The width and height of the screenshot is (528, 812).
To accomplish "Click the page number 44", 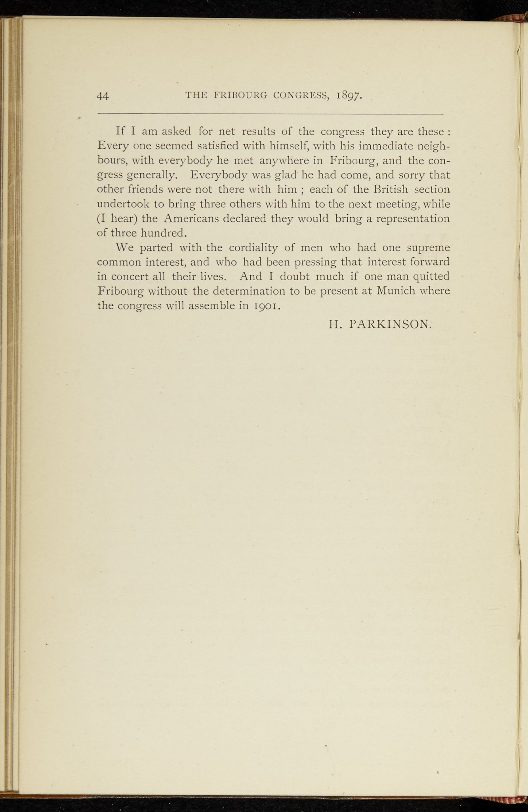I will (x=103, y=96).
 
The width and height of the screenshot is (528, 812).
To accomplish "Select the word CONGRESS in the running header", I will (x=301, y=96).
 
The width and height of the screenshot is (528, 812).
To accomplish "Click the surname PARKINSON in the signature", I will (x=390, y=325).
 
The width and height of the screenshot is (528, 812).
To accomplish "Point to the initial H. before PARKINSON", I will (x=335, y=325).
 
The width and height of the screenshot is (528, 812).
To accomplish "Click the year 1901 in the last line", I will (x=267, y=306).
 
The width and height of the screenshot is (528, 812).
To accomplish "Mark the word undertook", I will (x=122, y=204).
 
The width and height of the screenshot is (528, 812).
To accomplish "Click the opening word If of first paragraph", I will (x=120, y=131).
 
